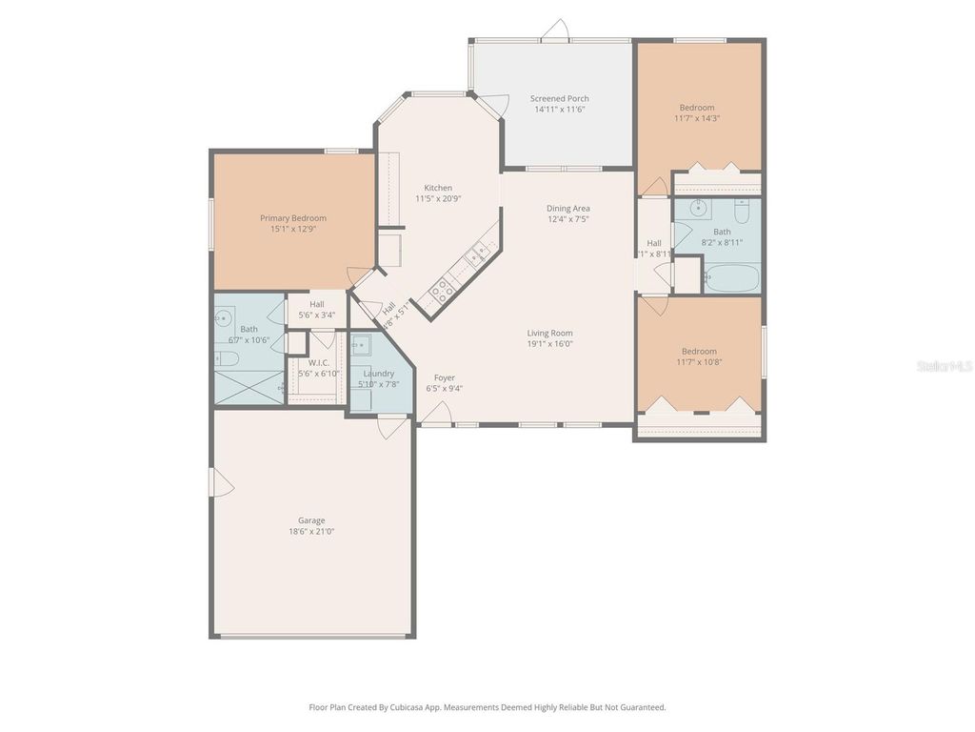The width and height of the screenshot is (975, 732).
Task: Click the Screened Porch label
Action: [x=559, y=98]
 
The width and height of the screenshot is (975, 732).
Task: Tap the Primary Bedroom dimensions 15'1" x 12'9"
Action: [x=293, y=229]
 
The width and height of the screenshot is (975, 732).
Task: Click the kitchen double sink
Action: [x=478, y=253]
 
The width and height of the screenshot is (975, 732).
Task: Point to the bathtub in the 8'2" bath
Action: [x=731, y=278]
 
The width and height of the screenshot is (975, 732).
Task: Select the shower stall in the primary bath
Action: [x=249, y=387]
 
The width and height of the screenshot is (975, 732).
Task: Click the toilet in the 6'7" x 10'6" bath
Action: [x=226, y=358]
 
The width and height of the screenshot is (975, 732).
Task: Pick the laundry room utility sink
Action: [x=362, y=344]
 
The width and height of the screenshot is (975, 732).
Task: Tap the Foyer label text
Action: [x=444, y=377]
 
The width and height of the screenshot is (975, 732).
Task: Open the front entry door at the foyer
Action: [x=437, y=414]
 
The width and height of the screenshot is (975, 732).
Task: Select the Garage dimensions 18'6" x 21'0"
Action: [x=311, y=532]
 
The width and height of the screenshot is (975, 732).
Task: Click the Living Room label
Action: [x=549, y=333]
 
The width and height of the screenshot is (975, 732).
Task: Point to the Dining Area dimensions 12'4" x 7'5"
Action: [x=567, y=219]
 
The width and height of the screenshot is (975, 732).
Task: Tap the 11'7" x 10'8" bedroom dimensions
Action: [x=698, y=362]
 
